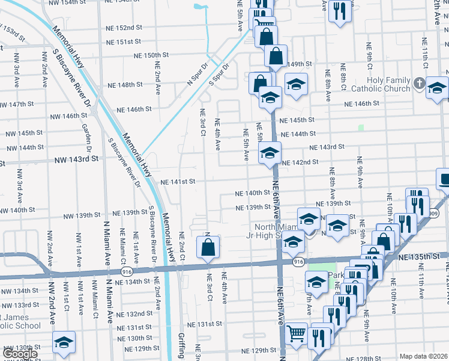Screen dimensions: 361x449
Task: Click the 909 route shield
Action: (433, 213)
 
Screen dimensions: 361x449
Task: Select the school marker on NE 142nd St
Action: (270, 153)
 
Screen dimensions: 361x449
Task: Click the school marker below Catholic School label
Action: (64, 342)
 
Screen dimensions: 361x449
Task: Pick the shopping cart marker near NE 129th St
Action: (296, 333)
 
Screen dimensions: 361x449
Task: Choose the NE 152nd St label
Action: (124, 28)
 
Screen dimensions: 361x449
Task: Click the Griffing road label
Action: (182, 346)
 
